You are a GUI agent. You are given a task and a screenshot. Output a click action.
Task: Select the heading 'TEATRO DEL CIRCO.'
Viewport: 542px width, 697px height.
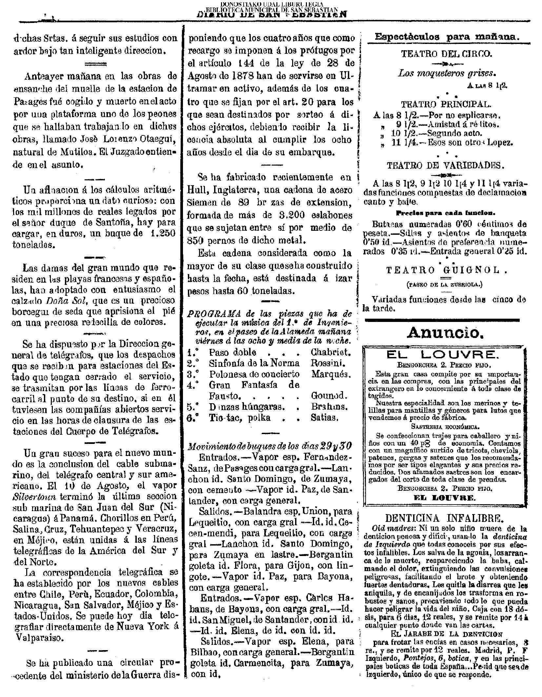(x=446, y=53)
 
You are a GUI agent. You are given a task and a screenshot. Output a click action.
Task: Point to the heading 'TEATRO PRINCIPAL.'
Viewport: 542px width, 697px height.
(x=446, y=104)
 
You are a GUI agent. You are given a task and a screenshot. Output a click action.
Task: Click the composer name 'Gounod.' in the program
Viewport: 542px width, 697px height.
(x=329, y=395)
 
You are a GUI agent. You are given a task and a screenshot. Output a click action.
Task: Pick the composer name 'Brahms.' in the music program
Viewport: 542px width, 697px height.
(x=329, y=407)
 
